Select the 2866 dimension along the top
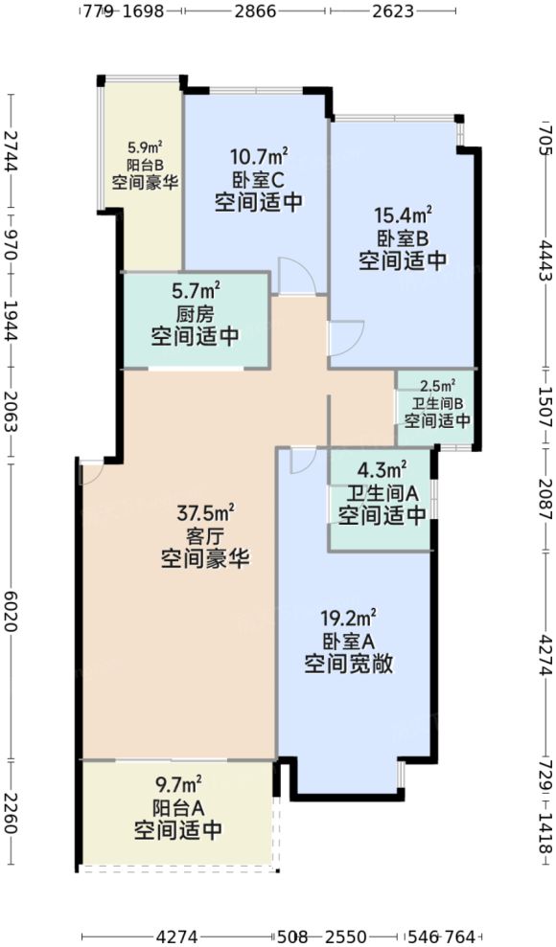point(256,11)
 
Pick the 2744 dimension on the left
point(11,150)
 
